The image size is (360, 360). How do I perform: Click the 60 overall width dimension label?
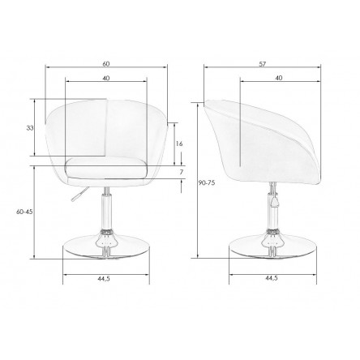point(106,64)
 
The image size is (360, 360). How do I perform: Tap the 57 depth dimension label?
point(263,64)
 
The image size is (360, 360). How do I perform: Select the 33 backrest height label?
point(30,128)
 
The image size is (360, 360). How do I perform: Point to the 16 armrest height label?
point(179,144)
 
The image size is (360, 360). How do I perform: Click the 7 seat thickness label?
point(182,172)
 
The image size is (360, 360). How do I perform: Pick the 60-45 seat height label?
point(24,212)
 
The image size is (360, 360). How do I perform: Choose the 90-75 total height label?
point(207,182)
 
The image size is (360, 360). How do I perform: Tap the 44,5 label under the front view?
point(104,278)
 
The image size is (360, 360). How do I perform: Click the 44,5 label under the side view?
point(271,278)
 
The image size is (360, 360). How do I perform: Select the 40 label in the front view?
point(106,78)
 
